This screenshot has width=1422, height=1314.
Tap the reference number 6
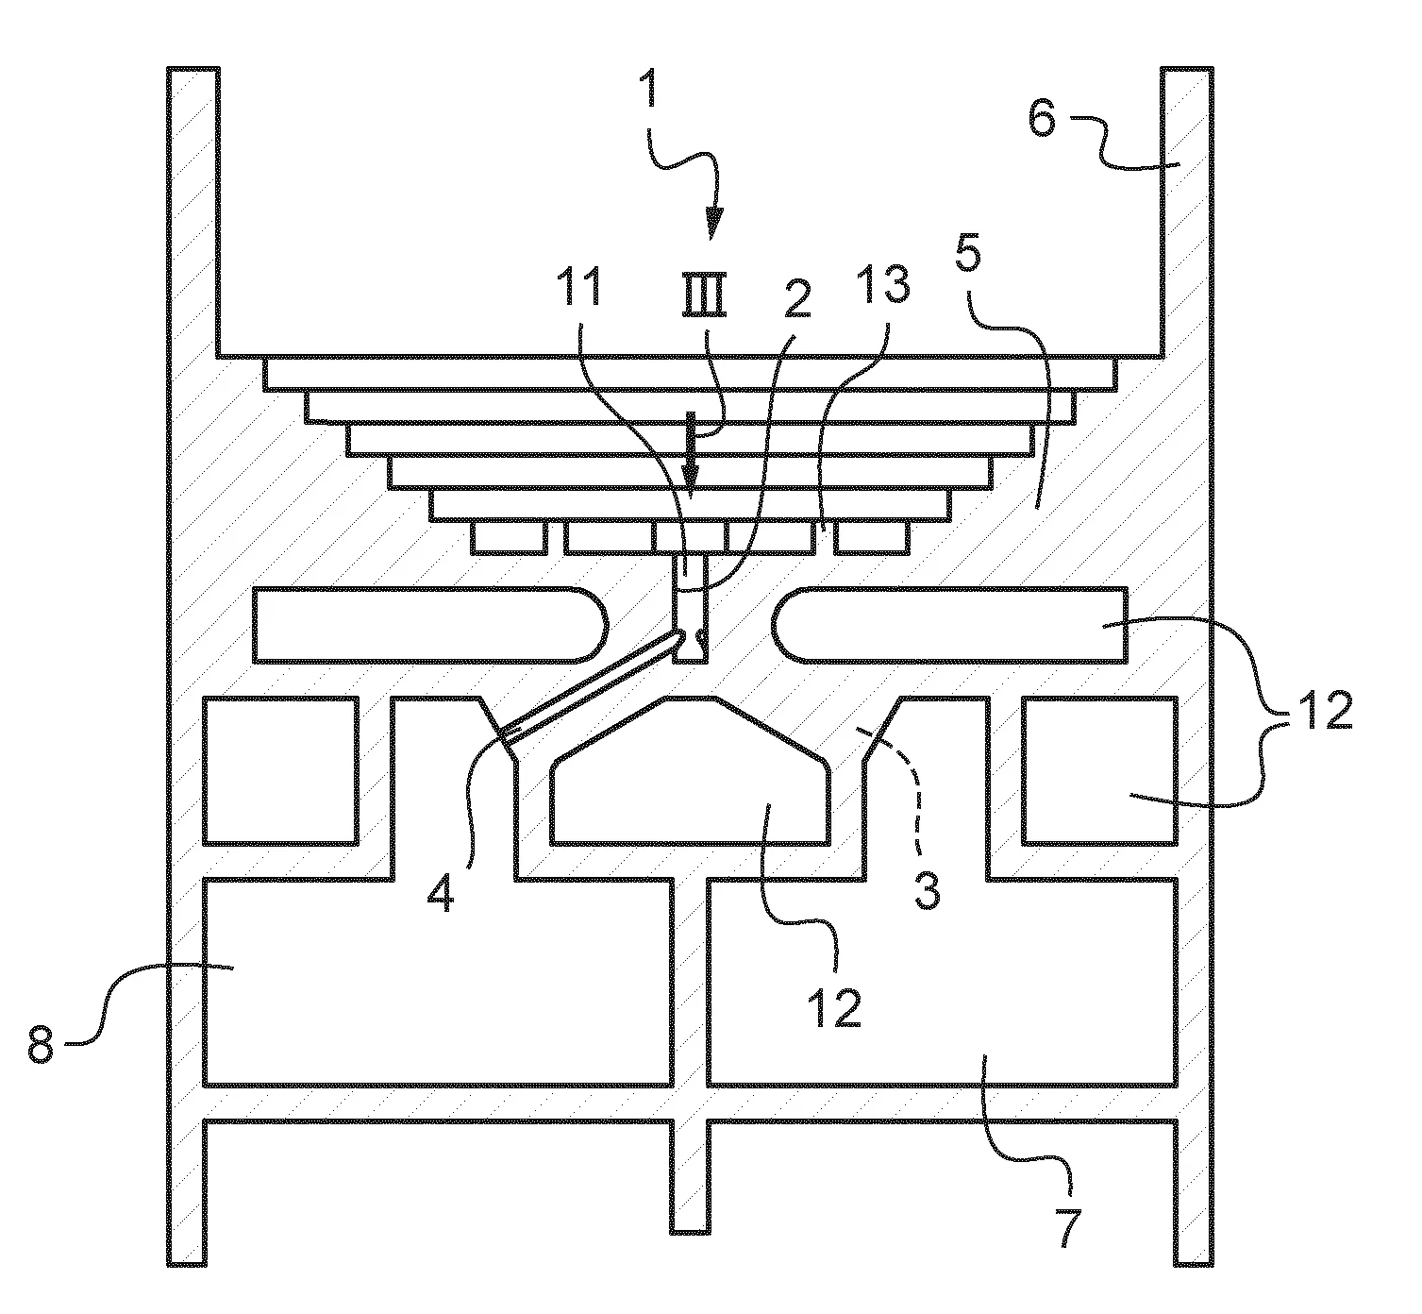click(x=1042, y=119)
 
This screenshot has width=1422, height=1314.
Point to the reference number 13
click(x=886, y=284)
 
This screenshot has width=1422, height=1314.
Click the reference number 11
click(x=578, y=288)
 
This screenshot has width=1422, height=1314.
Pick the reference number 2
click(x=797, y=299)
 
